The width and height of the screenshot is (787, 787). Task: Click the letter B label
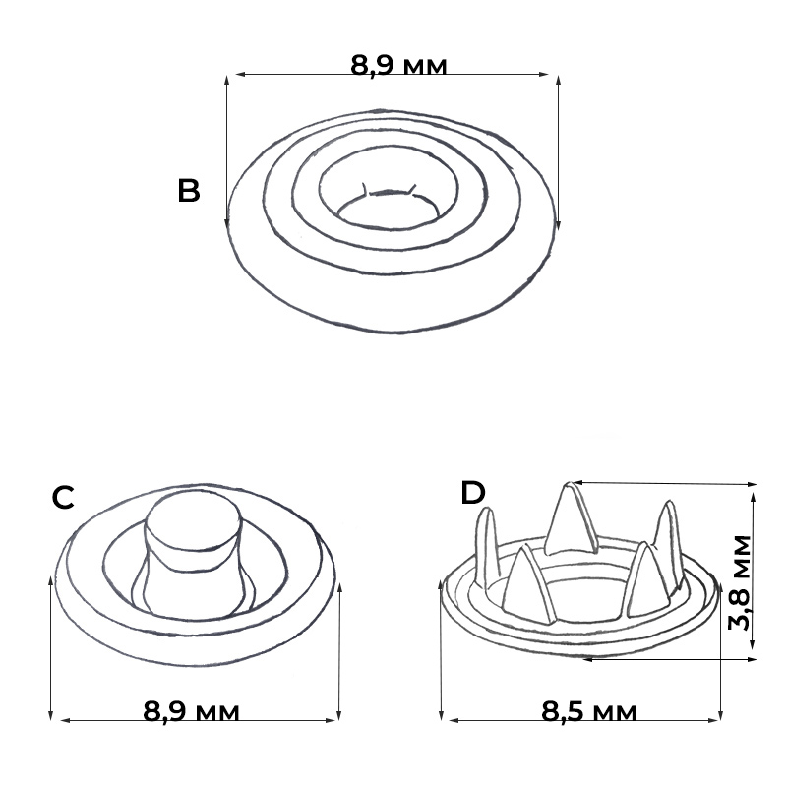pos(189,191)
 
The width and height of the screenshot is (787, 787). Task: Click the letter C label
pos(63,498)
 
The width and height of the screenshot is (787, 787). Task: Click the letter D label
pos(473,493)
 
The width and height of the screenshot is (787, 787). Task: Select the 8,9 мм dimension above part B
pos(398,65)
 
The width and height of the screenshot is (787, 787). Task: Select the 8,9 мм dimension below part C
pos(191,711)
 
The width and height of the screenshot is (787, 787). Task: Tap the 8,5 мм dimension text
pos(588,711)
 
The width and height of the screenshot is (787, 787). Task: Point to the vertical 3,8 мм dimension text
pos(740,582)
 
